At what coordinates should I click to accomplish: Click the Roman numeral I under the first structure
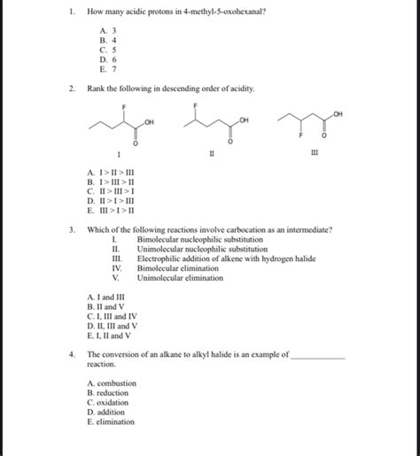pos(131,154)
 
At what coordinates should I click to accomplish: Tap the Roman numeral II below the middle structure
pos(211,154)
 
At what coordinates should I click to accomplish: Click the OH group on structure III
pos(338,114)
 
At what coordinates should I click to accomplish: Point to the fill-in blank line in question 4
pos(317,355)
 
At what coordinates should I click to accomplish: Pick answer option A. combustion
pos(113,383)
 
